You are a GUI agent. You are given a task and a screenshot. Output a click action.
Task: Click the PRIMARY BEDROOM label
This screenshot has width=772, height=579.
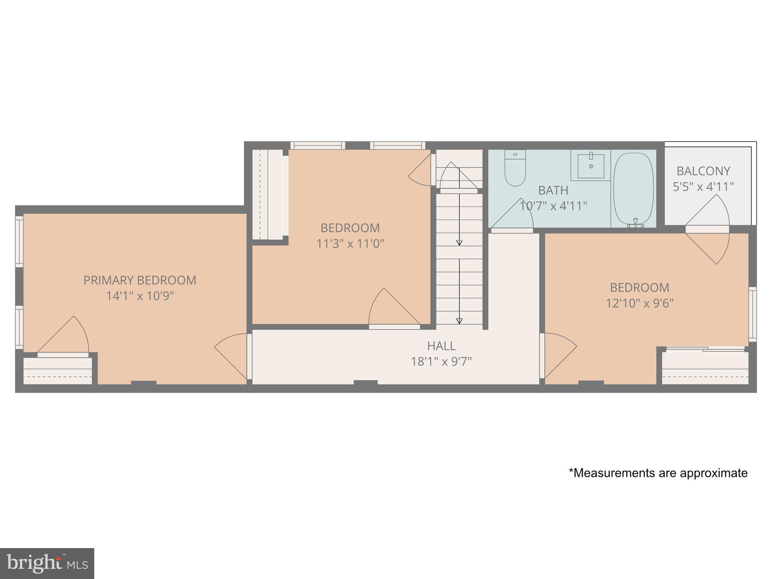140,280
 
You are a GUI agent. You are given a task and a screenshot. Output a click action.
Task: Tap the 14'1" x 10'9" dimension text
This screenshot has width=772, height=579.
140,296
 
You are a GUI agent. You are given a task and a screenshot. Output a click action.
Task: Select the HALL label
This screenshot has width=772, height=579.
441,346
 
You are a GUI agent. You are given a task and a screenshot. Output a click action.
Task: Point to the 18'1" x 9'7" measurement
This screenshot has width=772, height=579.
441,362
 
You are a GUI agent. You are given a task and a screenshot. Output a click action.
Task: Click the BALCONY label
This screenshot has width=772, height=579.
703,171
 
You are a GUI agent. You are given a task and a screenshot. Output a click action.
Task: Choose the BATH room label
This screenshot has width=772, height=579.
553,190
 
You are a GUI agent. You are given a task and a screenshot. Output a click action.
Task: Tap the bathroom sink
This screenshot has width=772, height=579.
591,166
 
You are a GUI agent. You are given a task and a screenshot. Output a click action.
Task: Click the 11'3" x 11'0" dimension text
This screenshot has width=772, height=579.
350,244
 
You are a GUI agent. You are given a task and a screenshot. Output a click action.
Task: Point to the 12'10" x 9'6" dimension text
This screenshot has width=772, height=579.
639,303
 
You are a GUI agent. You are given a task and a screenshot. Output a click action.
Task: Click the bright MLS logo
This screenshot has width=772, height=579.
47,564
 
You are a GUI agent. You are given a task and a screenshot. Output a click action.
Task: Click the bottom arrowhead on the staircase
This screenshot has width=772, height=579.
459,321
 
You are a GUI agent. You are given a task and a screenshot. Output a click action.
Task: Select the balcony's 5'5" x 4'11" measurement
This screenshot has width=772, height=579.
703,187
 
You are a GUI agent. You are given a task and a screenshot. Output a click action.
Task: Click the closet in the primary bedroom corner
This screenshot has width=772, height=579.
58,371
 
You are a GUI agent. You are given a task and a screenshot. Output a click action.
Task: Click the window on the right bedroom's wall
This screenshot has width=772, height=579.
752,314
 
